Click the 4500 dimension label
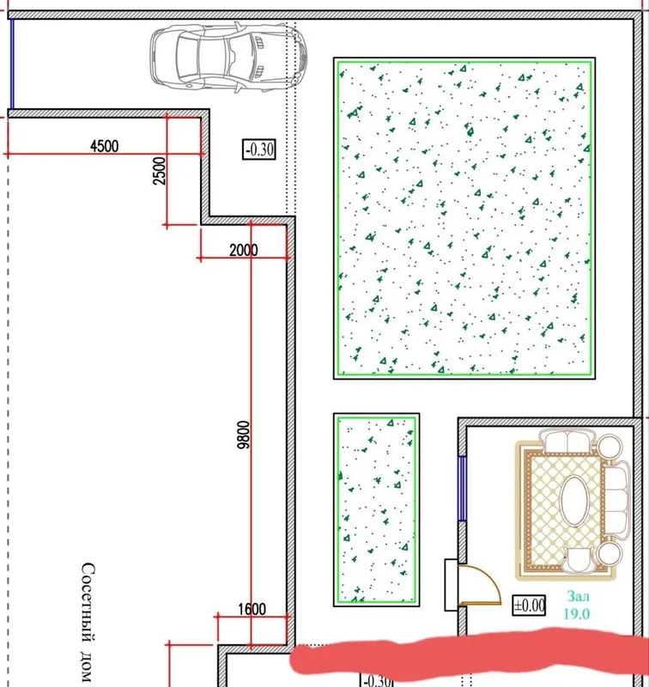pyautogui.click(x=104, y=146)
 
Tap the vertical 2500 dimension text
pyautogui.click(x=160, y=171)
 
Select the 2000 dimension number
pyautogui.click(x=244, y=250)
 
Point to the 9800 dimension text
pyautogui.click(x=243, y=435)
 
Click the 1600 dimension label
pyautogui.click(x=252, y=609)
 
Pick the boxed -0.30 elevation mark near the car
pyautogui.click(x=259, y=149)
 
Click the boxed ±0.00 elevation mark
pyautogui.click(x=529, y=605)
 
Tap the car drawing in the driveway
pyautogui.click(x=228, y=57)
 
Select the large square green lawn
pyautogui.click(x=464, y=218)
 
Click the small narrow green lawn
pyautogui.click(x=377, y=509)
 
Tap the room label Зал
pyautogui.click(x=578, y=596)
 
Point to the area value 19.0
pyautogui.click(x=577, y=614)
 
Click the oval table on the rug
pyautogui.click(x=574, y=501)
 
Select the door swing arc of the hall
pyautogui.click(x=489, y=578)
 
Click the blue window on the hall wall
pyautogui.click(x=462, y=488)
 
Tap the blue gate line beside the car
pyautogui.click(x=12, y=64)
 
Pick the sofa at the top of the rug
pyautogui.click(x=567, y=441)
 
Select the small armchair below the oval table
pyautogui.click(x=578, y=560)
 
